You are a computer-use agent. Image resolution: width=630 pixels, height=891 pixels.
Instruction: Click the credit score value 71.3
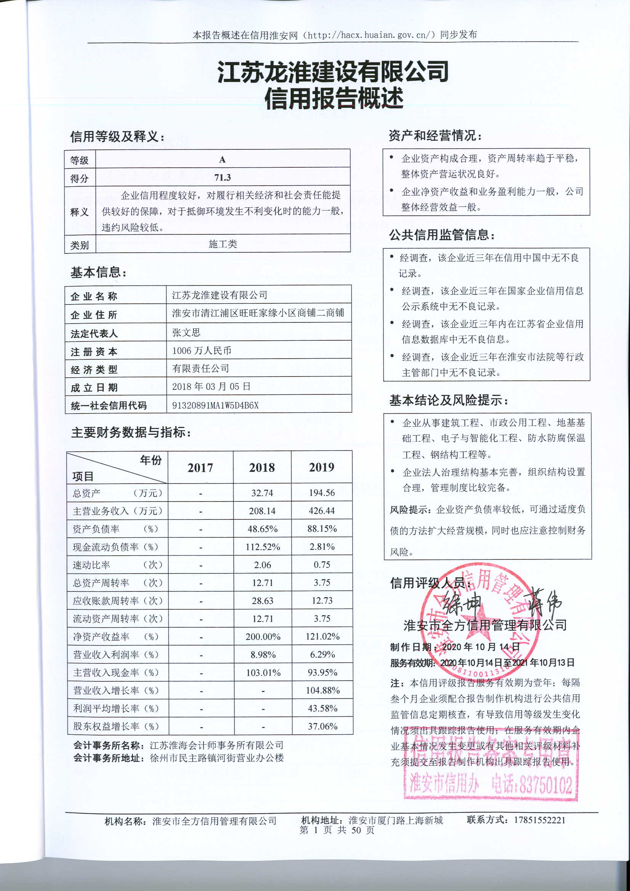click(x=223, y=178)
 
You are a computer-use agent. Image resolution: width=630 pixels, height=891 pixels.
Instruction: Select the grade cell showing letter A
click(x=223, y=160)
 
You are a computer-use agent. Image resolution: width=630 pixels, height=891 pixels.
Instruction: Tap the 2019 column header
click(x=321, y=467)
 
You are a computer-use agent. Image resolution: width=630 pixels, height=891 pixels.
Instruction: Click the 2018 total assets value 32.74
click(x=262, y=493)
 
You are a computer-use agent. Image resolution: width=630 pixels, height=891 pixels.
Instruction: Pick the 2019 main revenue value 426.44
click(x=321, y=511)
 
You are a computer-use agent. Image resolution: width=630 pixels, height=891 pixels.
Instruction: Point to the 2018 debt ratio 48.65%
click(x=262, y=529)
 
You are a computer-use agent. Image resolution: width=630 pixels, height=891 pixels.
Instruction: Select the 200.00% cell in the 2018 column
click(x=263, y=636)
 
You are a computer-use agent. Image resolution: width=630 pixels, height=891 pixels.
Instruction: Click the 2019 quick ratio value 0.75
click(x=322, y=565)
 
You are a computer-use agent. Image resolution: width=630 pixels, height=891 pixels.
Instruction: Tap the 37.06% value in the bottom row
click(x=322, y=726)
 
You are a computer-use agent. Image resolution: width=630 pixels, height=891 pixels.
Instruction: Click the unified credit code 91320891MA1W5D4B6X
click(x=215, y=405)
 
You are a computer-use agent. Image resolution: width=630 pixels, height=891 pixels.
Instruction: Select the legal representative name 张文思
click(x=186, y=333)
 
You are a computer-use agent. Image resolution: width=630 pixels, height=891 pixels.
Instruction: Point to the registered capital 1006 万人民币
click(x=202, y=351)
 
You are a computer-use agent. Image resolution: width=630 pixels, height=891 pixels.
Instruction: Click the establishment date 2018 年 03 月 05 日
click(x=211, y=386)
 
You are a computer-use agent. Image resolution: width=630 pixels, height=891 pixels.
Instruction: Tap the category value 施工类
click(x=223, y=244)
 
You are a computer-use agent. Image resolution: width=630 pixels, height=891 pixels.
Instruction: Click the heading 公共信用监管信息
click(x=441, y=235)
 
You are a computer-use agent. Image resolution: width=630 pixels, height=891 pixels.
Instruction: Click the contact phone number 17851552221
click(x=540, y=820)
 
